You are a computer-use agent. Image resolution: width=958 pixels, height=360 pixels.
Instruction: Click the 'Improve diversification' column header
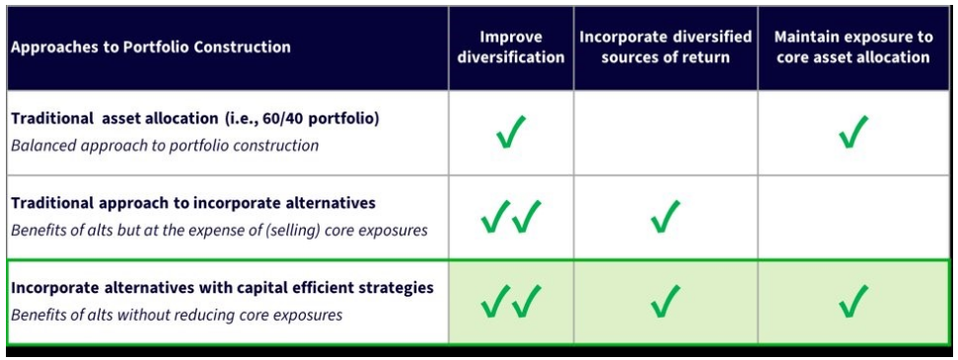[511, 47]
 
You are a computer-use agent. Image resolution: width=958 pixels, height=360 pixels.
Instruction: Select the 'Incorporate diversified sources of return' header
[666, 47]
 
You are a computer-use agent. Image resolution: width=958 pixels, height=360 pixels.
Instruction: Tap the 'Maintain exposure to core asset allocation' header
[853, 47]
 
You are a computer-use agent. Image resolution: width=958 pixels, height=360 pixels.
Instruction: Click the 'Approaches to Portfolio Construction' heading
[151, 47]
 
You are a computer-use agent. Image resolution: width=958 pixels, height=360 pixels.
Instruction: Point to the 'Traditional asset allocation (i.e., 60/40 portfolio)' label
[195, 118]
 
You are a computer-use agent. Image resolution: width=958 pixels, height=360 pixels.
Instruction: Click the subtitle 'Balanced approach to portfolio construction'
[165, 145]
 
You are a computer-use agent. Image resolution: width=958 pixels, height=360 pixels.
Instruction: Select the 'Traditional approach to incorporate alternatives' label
[192, 203]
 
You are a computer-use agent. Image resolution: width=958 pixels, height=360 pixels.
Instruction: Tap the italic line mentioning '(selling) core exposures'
[219, 231]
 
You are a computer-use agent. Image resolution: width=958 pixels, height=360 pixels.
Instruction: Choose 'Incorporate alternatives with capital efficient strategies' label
[222, 287]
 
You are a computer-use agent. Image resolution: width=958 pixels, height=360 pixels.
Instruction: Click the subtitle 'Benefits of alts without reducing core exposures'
[177, 316]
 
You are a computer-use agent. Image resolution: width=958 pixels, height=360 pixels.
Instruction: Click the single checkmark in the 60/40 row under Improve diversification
[511, 132]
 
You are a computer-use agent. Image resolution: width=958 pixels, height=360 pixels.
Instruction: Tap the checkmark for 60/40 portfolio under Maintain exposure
[852, 132]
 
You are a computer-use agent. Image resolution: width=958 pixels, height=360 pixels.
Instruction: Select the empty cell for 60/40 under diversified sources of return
[665, 133]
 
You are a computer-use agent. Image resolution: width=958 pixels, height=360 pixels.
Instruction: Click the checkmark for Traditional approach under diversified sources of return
[665, 217]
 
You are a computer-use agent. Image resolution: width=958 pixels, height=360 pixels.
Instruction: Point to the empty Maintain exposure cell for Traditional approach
[853, 217]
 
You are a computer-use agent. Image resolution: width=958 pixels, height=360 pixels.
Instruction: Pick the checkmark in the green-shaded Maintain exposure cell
[852, 302]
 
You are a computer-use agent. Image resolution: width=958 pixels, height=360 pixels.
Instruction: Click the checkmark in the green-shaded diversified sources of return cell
[665, 302]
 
